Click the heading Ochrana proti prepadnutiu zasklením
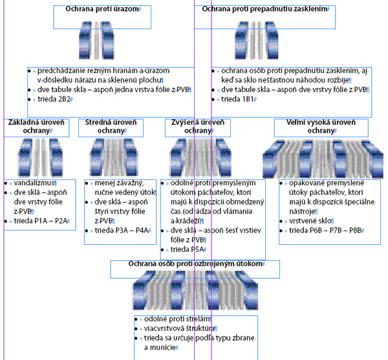click(x=264, y=10)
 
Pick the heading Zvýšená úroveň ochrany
click(x=197, y=126)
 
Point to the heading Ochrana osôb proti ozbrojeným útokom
click(x=195, y=265)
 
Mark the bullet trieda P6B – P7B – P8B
click(x=325, y=231)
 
